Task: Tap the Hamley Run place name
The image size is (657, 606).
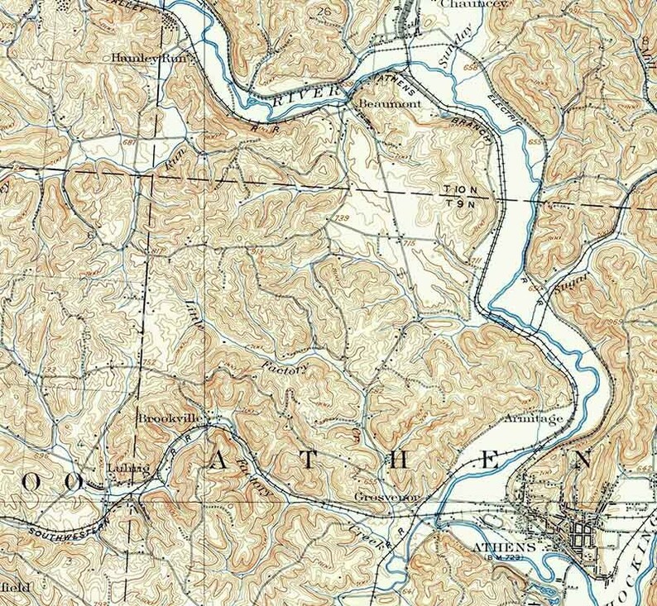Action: pyautogui.click(x=146, y=59)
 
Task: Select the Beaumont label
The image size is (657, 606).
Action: pyautogui.click(x=390, y=104)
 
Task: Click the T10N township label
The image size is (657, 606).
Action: pyautogui.click(x=460, y=189)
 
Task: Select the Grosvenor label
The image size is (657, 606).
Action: pyautogui.click(x=381, y=498)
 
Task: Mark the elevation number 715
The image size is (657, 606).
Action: pyautogui.click(x=408, y=243)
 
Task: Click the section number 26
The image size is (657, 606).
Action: pyautogui.click(x=323, y=11)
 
